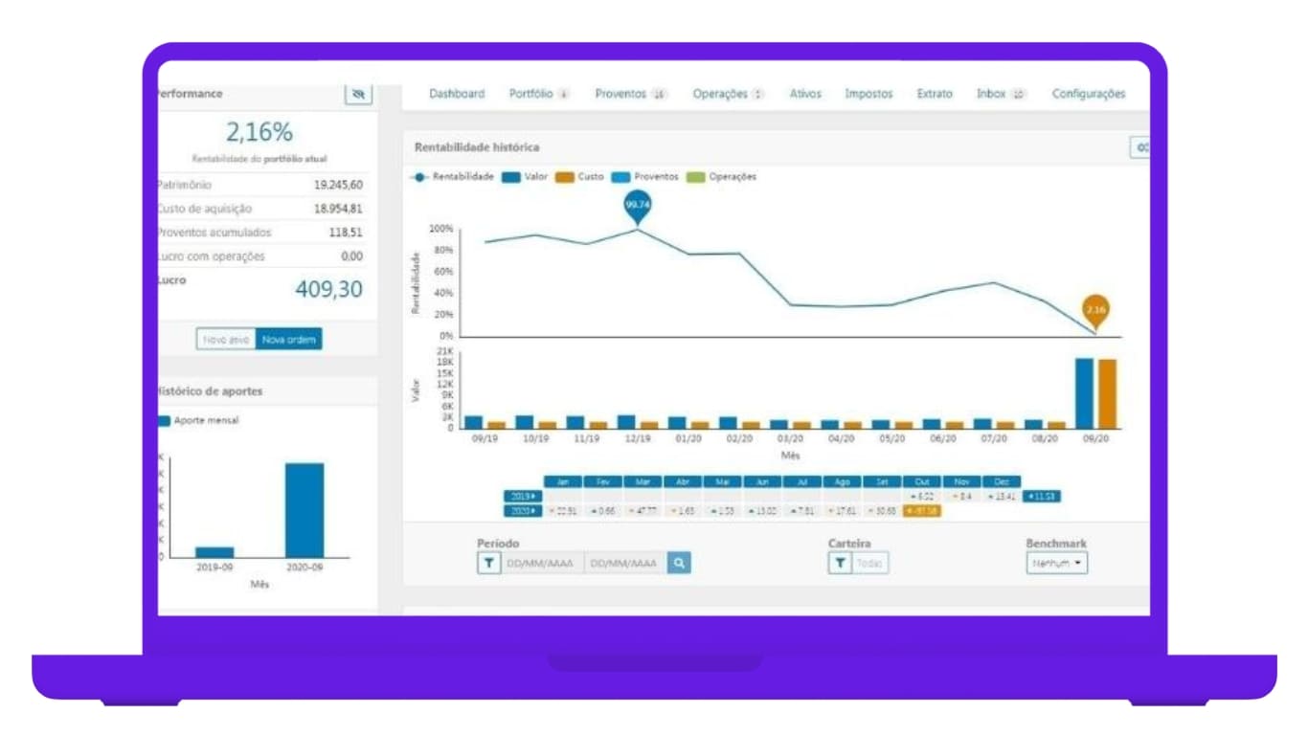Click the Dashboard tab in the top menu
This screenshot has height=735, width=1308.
457,94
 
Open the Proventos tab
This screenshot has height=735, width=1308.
620,94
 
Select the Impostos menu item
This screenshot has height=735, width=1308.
868,94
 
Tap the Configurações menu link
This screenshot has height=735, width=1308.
1089,94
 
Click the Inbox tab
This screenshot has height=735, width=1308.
991,94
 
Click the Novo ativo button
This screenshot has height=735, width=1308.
227,339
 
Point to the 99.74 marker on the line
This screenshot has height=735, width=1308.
637,206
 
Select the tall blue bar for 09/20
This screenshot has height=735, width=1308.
1084,393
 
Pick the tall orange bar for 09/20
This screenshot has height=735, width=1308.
1107,393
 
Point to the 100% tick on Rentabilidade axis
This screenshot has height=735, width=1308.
440,229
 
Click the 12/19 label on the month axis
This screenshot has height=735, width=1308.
637,438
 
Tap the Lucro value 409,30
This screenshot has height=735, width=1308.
328,289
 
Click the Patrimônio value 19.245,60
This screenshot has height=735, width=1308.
338,185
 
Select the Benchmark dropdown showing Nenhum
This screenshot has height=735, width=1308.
1057,564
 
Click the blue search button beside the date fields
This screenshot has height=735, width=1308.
679,564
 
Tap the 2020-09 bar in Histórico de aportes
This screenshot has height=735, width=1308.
304,510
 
